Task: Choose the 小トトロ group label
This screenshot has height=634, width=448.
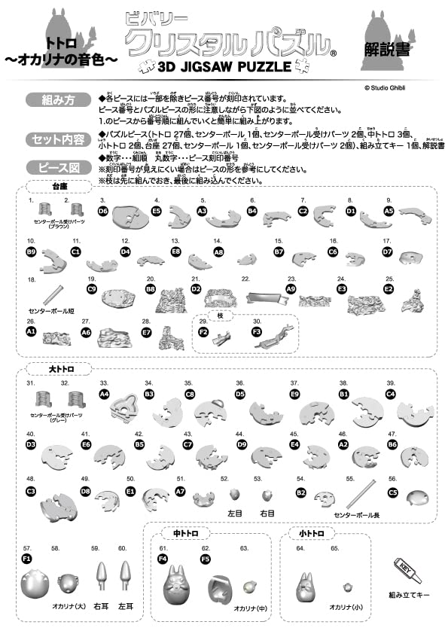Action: (310, 533)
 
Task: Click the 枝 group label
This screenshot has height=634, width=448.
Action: (221, 317)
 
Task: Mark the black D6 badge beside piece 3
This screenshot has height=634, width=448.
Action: (103, 212)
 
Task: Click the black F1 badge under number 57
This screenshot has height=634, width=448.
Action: (27, 559)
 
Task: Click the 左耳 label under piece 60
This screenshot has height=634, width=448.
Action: (126, 605)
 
